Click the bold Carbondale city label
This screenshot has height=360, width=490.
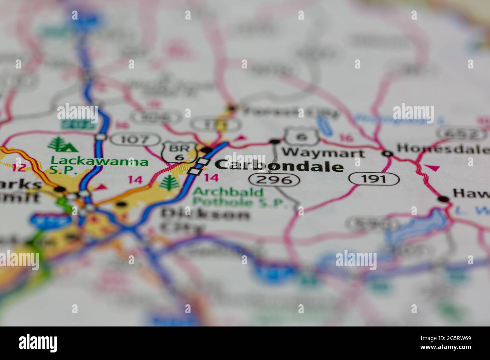pos(279,166)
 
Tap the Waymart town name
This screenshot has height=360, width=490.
pos(323,153)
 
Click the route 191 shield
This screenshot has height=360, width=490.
pos(374,179)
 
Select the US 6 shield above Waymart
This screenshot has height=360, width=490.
pos(302,137)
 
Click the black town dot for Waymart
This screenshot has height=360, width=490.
pos(275,142)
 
